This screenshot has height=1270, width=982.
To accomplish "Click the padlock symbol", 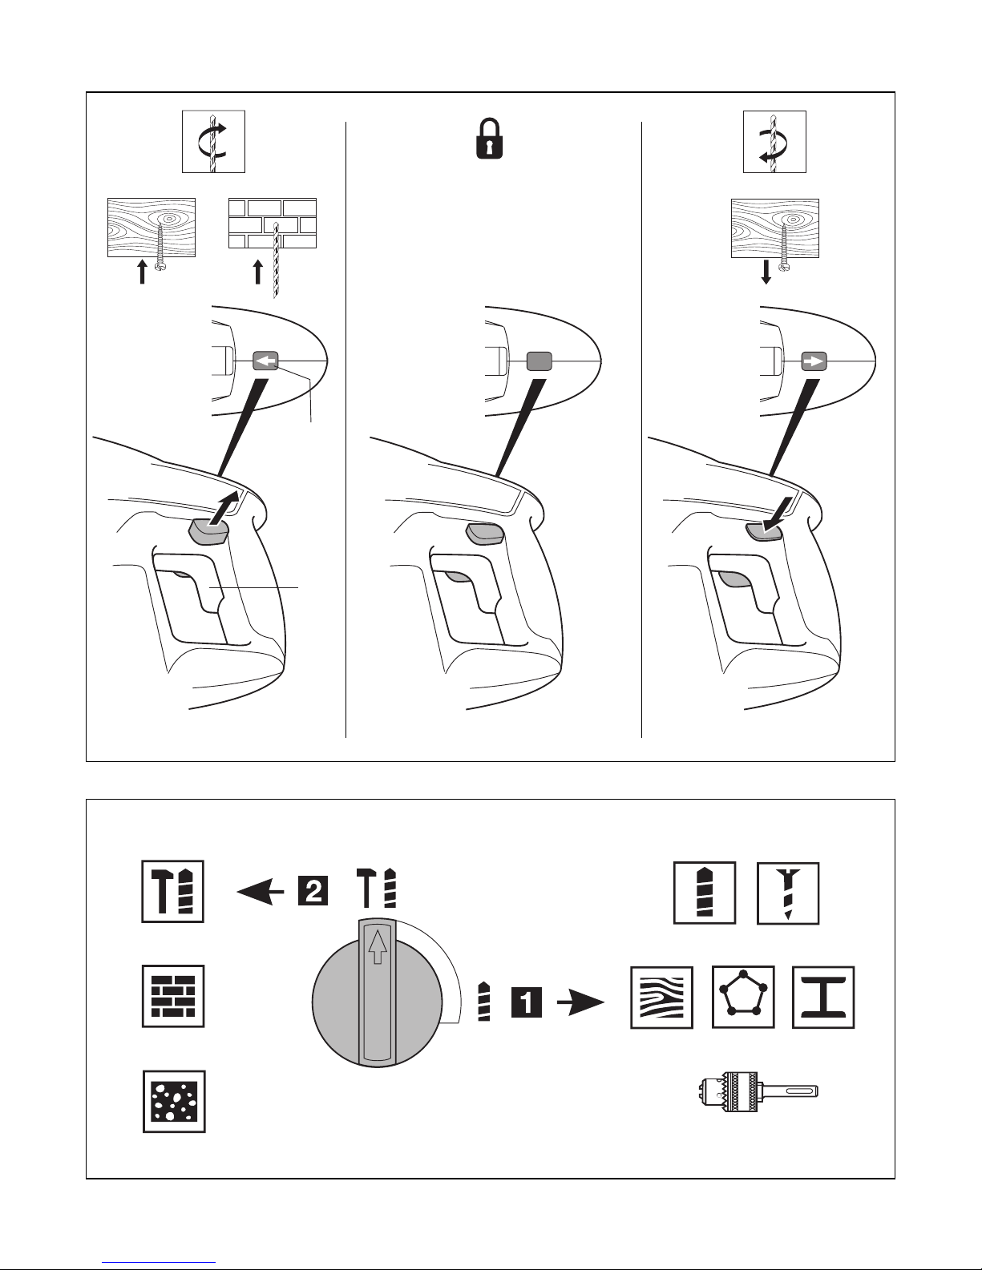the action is click(490, 139).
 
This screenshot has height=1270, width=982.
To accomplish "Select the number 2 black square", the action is click(313, 891).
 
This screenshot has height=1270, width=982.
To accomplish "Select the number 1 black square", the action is click(526, 1003).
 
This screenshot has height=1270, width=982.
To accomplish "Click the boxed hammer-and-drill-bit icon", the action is click(173, 891).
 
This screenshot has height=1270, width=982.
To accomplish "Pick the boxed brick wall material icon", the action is click(174, 996).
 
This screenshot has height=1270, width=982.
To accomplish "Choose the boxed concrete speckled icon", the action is click(174, 1102).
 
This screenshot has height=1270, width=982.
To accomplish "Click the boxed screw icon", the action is click(788, 893).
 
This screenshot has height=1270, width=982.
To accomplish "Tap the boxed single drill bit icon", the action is click(705, 893).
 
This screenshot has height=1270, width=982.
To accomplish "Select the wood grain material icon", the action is click(661, 998).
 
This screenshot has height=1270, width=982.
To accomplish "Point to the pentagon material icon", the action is click(744, 997).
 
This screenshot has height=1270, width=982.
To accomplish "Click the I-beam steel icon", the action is click(823, 997).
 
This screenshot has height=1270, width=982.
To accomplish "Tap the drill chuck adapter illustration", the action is click(758, 1091).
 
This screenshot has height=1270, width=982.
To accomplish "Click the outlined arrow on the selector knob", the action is click(378, 947).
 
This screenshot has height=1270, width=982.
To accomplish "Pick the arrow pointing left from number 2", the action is click(260, 892).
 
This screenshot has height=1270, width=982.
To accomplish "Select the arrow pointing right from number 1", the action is click(580, 1003).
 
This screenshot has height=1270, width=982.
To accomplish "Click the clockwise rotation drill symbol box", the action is click(213, 142).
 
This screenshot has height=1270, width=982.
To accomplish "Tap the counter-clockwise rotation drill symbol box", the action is click(774, 142).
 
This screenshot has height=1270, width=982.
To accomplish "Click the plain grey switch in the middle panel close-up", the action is click(539, 361).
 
